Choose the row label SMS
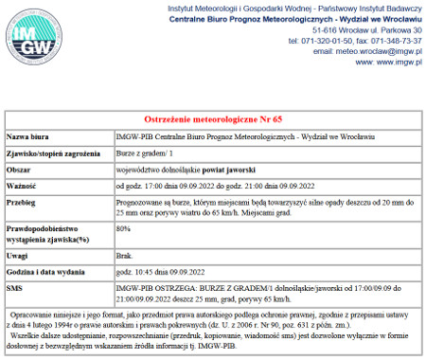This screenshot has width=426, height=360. pyautogui.click(x=14, y=285)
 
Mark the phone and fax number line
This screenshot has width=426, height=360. pyautogui.click(x=356, y=41)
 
